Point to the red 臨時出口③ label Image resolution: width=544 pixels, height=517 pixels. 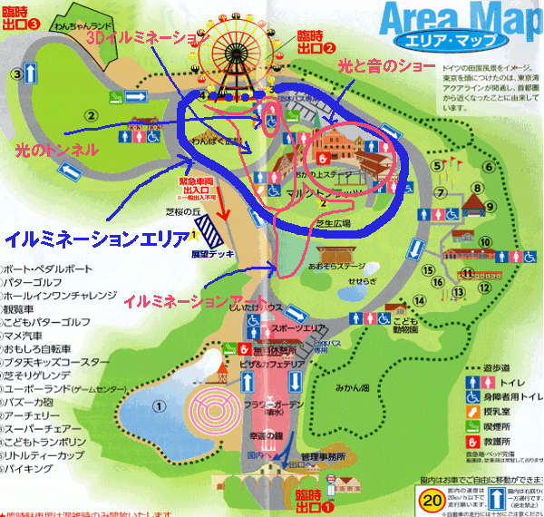point(22,16)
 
